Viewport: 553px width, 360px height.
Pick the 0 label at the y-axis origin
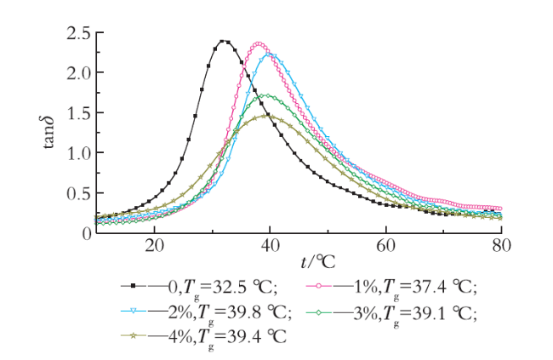pyautogui.click(x=87, y=234)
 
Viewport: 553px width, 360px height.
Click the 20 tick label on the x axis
pyautogui.click(x=155, y=246)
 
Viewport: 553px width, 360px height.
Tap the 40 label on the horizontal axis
pyautogui.click(x=271, y=246)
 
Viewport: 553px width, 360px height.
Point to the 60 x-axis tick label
pyautogui.click(x=386, y=246)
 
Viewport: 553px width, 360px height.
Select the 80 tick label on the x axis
pyautogui.click(x=501, y=246)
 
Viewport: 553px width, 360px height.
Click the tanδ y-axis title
pyautogui.click(x=48, y=133)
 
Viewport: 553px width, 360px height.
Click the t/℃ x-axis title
pyautogui.click(x=318, y=262)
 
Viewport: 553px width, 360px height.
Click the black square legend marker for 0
pyautogui.click(x=134, y=286)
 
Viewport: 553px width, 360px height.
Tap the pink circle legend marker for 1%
pyautogui.click(x=319, y=286)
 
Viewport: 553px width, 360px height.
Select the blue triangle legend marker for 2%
pyautogui.click(x=134, y=311)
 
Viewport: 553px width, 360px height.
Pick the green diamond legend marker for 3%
pyautogui.click(x=319, y=312)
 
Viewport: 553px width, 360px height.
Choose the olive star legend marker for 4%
pyautogui.click(x=134, y=336)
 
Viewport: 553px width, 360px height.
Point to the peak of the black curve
pyautogui.click(x=222, y=41)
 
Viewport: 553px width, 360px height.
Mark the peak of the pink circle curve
pyautogui.click(x=259, y=44)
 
